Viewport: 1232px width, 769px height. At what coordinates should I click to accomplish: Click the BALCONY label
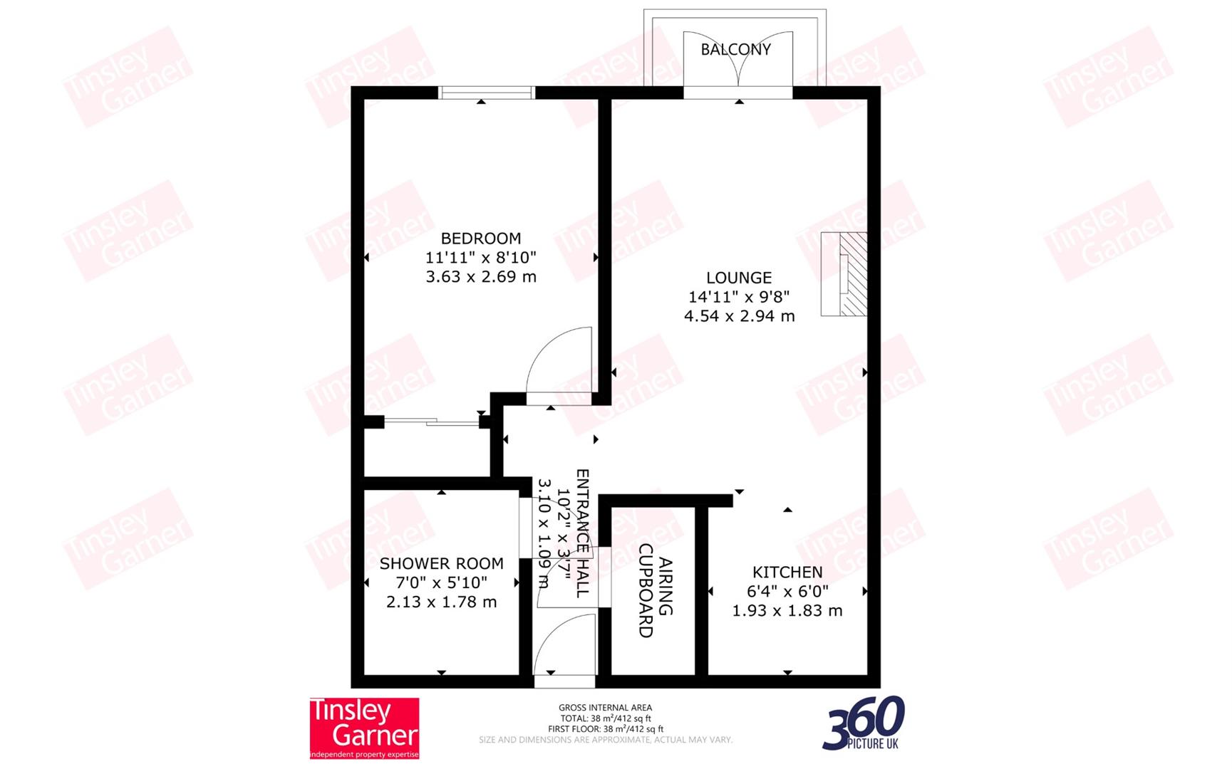point(735,49)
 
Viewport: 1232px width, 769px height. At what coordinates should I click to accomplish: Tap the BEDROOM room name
point(480,239)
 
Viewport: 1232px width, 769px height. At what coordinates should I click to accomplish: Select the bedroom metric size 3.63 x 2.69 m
point(480,277)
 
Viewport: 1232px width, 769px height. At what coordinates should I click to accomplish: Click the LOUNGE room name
point(739,278)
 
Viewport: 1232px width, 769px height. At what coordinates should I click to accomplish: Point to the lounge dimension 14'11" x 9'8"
point(739,297)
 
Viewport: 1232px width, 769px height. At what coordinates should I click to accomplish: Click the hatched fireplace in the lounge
point(852,274)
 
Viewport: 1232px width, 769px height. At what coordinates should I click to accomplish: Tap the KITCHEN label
point(787,572)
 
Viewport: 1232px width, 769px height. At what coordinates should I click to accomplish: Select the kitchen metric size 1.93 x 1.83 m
point(787,611)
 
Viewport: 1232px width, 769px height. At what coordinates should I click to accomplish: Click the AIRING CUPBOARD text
point(655,590)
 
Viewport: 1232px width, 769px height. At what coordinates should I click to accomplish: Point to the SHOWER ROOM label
point(441,564)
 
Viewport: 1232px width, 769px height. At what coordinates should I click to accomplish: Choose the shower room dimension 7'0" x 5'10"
point(441,583)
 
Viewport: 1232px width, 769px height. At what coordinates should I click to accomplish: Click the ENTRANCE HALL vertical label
point(582,533)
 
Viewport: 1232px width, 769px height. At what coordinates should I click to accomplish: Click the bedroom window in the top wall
point(486,93)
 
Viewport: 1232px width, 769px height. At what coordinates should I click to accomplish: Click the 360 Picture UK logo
point(864,723)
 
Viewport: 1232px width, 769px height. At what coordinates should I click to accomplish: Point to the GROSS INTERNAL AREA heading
point(605,708)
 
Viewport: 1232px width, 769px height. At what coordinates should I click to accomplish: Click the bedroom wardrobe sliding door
point(432,423)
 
